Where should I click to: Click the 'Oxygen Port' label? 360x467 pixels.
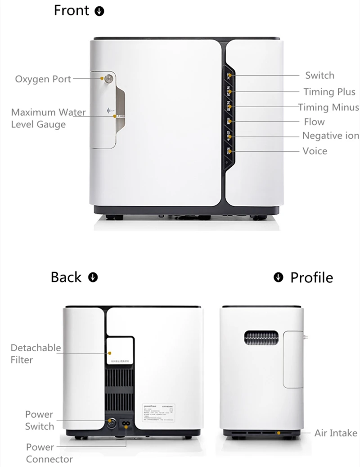coord(43,79)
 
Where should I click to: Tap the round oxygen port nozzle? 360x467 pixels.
coord(108,78)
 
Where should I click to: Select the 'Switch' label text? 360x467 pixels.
coord(319,75)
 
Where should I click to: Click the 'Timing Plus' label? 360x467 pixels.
coord(329,92)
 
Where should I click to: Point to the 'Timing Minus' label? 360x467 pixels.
coord(328,107)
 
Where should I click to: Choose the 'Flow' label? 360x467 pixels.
coord(314,122)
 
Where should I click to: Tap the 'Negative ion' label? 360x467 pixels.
coord(330,136)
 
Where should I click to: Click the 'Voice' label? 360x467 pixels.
coord(315,151)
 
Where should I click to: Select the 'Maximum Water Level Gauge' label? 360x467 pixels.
coord(48,118)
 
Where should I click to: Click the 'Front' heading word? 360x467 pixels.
coord(72,10)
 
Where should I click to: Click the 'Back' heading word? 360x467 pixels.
coord(66,277)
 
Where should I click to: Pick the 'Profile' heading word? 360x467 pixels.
coord(311,277)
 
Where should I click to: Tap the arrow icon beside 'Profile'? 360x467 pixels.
coord(279,277)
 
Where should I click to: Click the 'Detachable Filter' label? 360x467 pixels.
coord(36,354)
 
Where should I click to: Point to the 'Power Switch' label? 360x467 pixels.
coord(39,420)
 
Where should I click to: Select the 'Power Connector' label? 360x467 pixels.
coord(49,453)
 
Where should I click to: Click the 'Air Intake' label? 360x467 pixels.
coord(336,433)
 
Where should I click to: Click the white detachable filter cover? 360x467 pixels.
coord(120,350)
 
